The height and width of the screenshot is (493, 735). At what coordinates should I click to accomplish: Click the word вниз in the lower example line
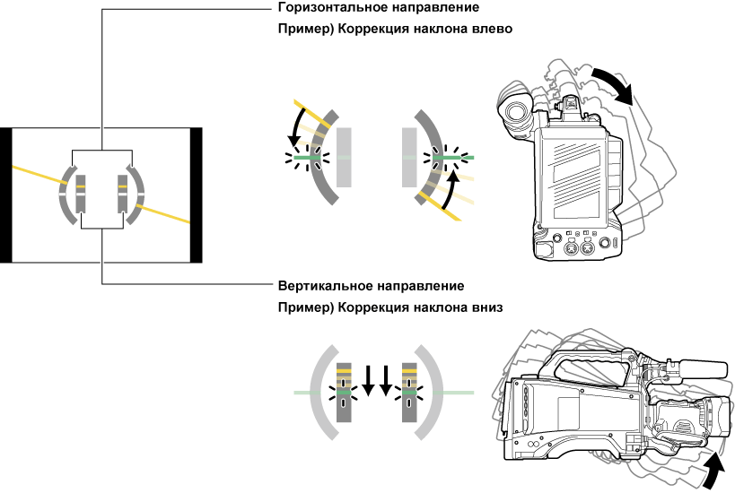[486, 307]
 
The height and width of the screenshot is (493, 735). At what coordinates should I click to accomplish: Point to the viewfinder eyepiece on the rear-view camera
[514, 109]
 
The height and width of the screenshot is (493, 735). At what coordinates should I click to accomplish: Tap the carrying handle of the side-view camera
[588, 367]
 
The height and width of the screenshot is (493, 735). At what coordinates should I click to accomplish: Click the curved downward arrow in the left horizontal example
[299, 125]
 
